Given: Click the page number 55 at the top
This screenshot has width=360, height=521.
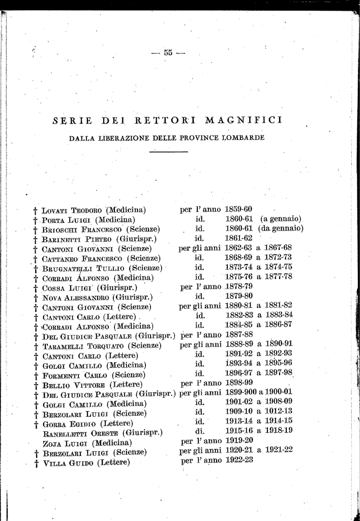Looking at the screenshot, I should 169,52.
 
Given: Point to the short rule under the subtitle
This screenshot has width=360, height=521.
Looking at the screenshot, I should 169,152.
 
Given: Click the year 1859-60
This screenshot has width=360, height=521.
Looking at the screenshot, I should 238,209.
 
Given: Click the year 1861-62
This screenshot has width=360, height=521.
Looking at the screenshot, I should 238,238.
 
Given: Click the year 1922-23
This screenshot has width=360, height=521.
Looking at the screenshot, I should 238,460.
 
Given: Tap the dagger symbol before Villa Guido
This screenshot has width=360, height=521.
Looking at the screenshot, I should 36,463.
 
